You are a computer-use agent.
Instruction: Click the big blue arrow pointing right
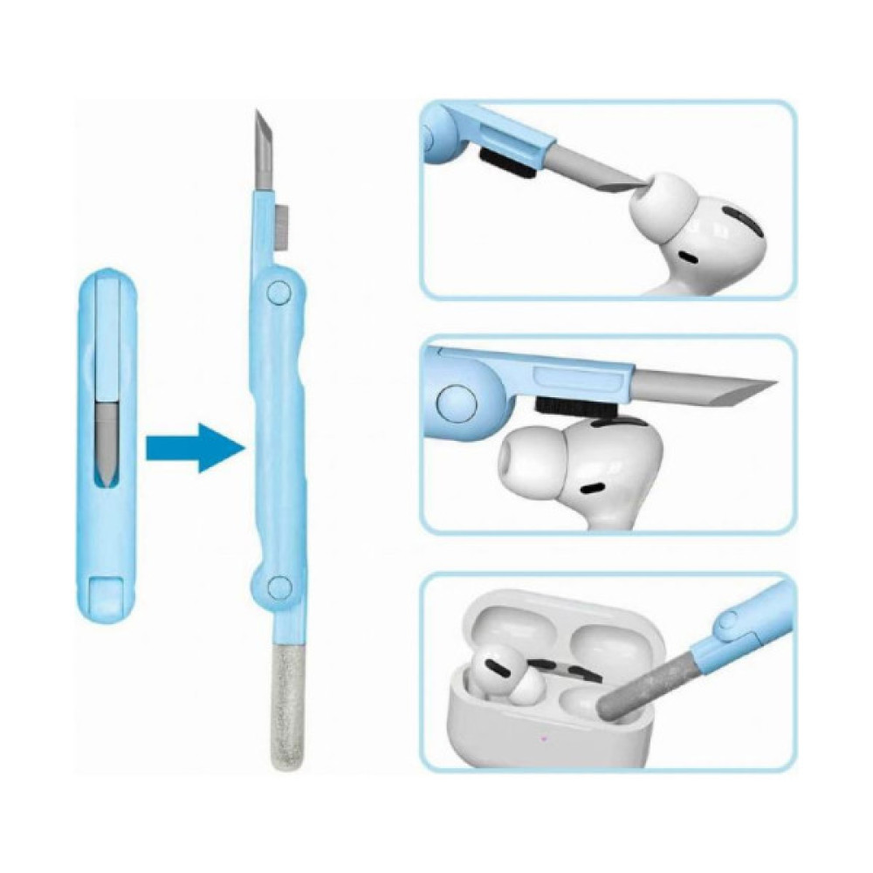[x=194, y=448]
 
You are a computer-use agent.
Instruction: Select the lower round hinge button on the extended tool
[x=279, y=587]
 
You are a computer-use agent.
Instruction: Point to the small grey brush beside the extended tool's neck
[x=284, y=226]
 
